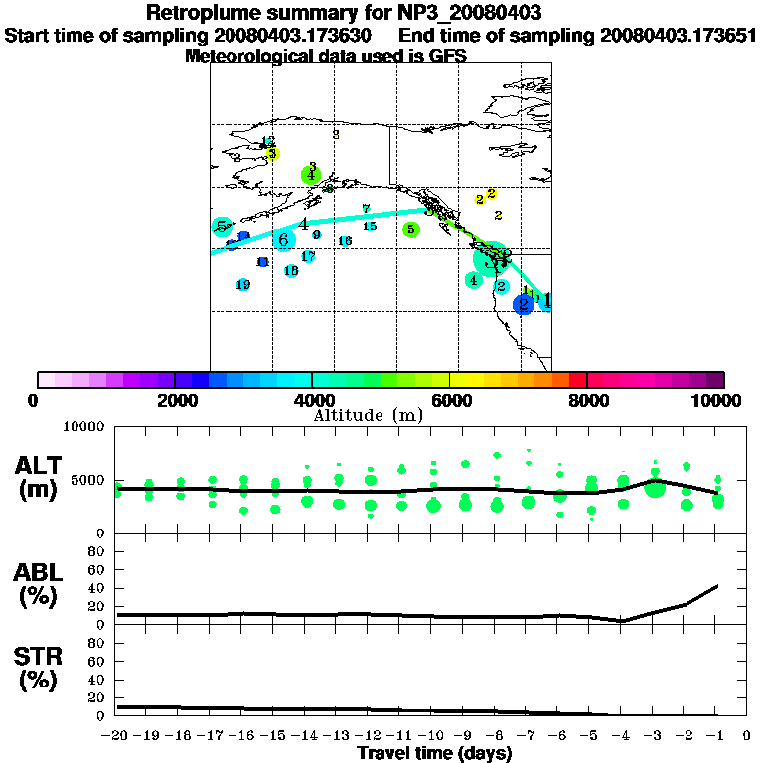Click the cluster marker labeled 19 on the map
tap(243, 285)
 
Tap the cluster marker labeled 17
tap(308, 257)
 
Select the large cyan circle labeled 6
tap(284, 239)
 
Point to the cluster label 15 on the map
tap(370, 227)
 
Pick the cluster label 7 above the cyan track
tap(366, 209)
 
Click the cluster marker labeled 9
tap(316, 235)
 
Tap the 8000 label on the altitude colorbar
tap(588, 400)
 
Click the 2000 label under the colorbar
tap(175, 400)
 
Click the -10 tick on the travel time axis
tap(432, 736)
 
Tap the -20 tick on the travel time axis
tap(116, 736)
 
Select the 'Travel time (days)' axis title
tap(434, 754)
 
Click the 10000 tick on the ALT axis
tap(83, 428)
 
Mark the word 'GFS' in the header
tap(447, 56)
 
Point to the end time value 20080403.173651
tap(679, 36)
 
